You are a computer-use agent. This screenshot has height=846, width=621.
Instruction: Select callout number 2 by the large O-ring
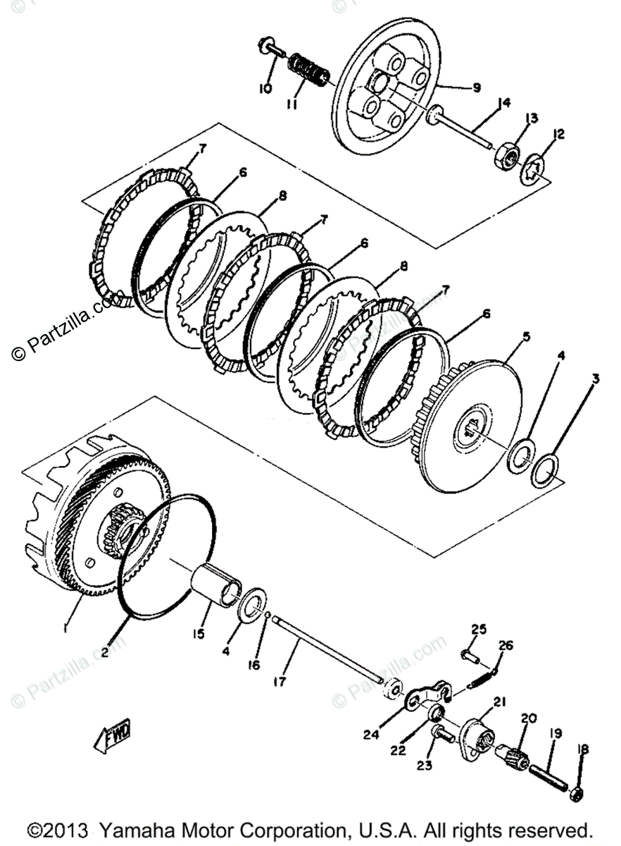tap(105, 653)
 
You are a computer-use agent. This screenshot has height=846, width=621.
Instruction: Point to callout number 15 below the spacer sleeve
tap(199, 634)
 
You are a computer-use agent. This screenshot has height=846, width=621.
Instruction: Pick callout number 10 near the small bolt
tap(265, 88)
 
